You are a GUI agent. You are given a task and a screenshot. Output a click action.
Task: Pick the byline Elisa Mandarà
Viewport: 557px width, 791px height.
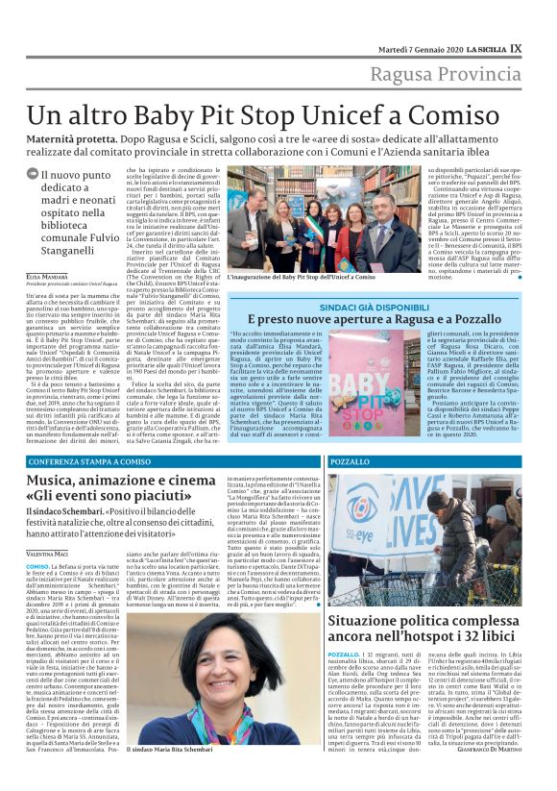tap(49, 275)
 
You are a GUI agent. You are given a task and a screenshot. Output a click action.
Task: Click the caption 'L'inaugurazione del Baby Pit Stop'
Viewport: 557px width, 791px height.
tap(301, 277)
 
